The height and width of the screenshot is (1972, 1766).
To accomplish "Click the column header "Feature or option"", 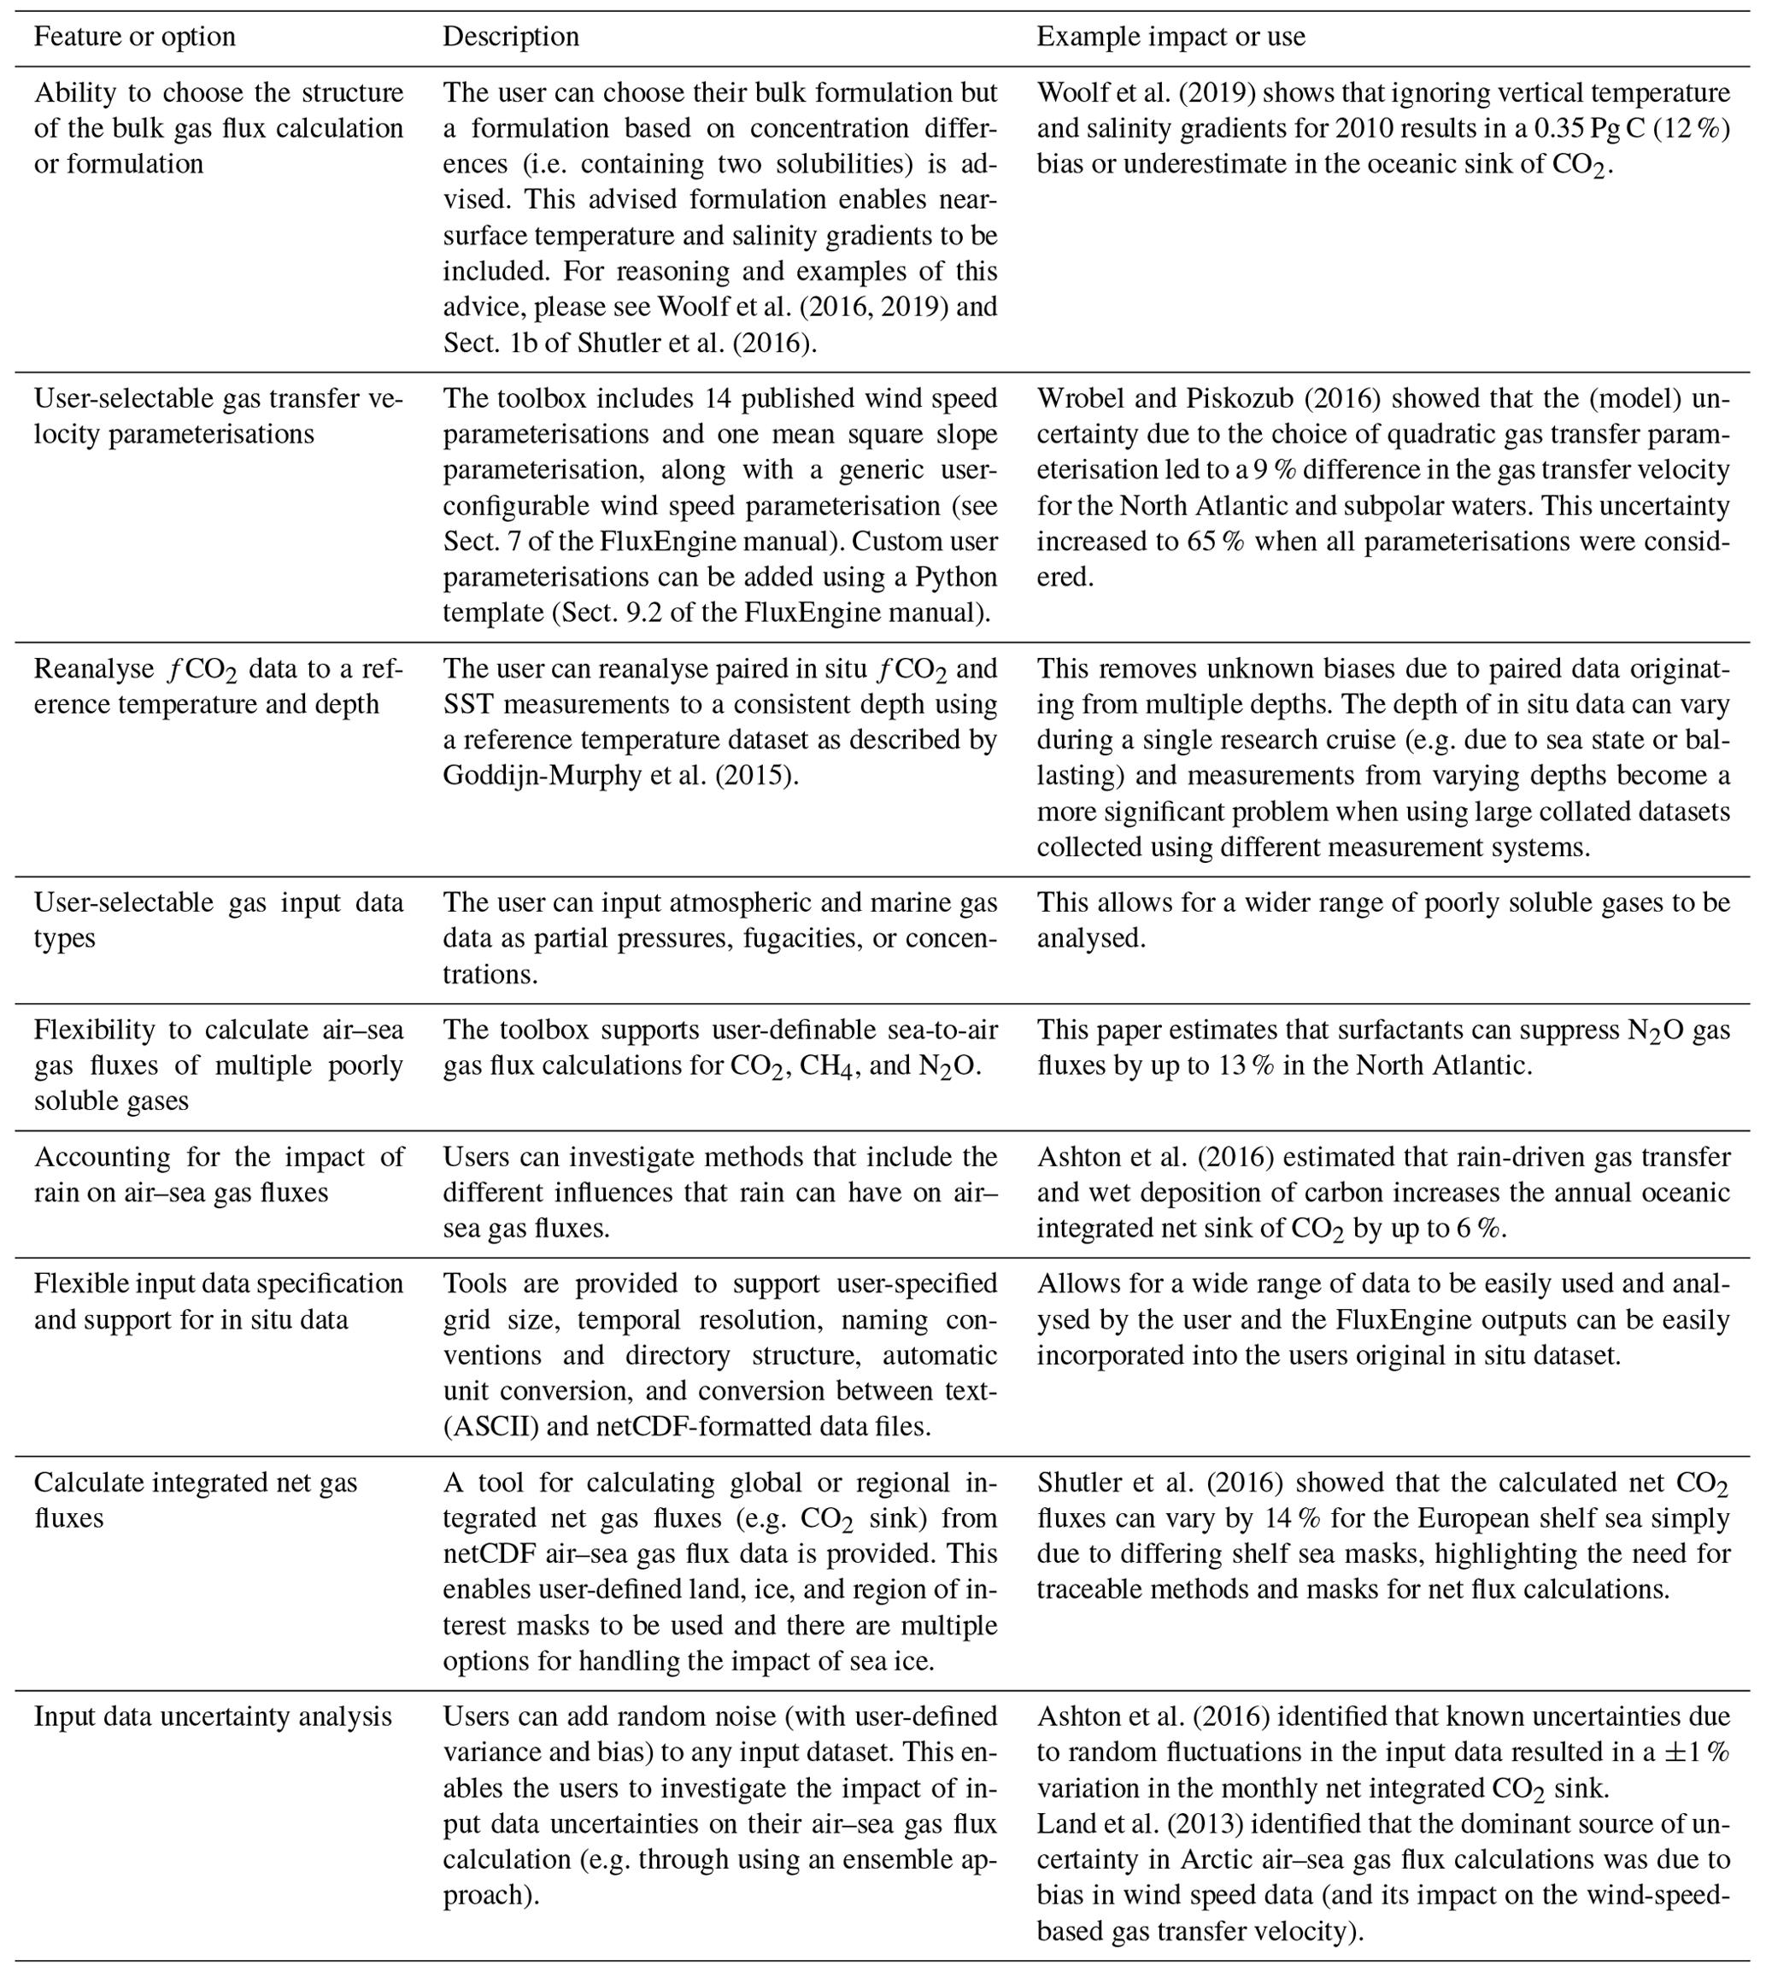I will tap(135, 37).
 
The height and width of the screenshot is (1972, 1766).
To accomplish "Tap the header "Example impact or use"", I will tap(1170, 37).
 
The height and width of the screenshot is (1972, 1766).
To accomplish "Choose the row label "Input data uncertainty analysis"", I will tap(213, 1717).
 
